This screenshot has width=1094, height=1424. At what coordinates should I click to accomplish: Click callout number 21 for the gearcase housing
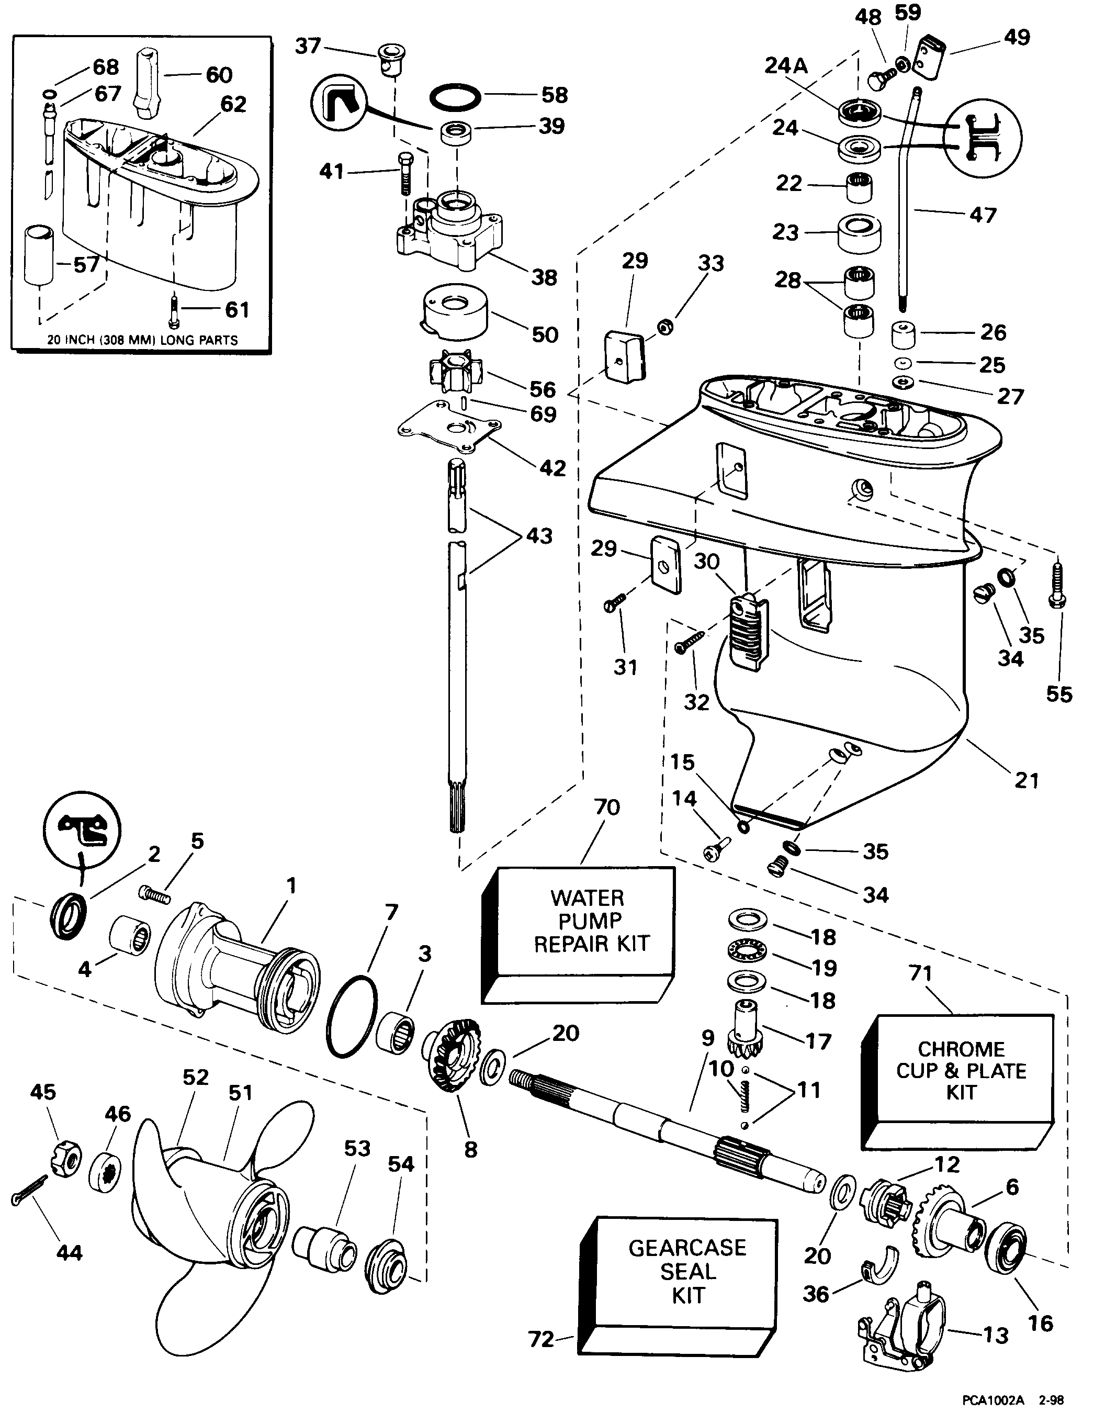pyautogui.click(x=1027, y=780)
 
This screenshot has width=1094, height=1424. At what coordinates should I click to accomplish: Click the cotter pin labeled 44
pyautogui.click(x=29, y=1190)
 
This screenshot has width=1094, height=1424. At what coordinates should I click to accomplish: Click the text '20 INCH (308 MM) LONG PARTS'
pyautogui.click(x=142, y=340)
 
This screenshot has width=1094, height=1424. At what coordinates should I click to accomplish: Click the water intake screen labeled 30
pyautogui.click(x=748, y=631)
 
